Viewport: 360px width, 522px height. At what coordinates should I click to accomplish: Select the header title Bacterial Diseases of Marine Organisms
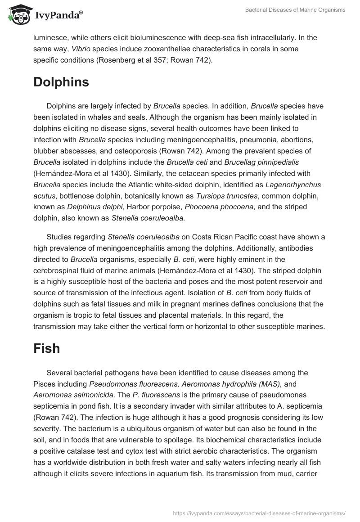point(295,10)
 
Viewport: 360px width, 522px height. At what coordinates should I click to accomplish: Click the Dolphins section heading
point(61,82)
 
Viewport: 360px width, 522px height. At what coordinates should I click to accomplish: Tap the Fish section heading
point(46,348)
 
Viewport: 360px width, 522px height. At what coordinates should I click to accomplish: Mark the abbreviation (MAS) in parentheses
point(269,384)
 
